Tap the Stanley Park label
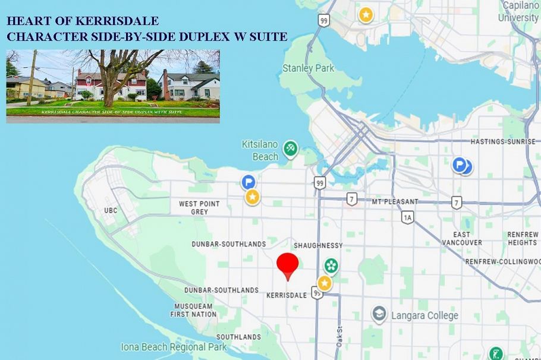pyautogui.click(x=308, y=68)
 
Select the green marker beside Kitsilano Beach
pyautogui.click(x=290, y=148)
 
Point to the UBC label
pyautogui.click(x=111, y=210)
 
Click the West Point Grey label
pyautogui.click(x=199, y=207)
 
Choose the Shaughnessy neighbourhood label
pyautogui.click(x=318, y=245)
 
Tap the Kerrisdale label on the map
pyautogui.click(x=286, y=295)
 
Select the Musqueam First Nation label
pyautogui.click(x=193, y=310)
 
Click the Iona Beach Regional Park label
pyautogui.click(x=174, y=347)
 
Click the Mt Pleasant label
pyautogui.click(x=395, y=202)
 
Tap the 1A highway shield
pyautogui.click(x=407, y=218)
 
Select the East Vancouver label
pyautogui.click(x=462, y=238)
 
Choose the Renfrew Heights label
pyautogui.click(x=523, y=238)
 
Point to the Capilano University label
pyautogui.click(x=518, y=11)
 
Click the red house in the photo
pyautogui.click(x=111, y=84)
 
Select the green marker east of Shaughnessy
pyautogui.click(x=331, y=266)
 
